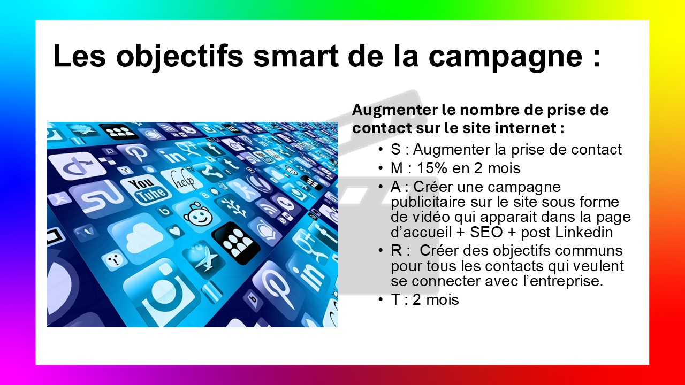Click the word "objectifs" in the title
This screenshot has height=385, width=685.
(179, 57)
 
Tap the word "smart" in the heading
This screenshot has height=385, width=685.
(296, 57)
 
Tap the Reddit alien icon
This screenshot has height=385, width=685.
(198, 214)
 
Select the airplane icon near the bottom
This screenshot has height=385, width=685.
(204, 258)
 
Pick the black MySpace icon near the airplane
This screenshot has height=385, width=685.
(236, 243)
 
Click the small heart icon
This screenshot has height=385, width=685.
(175, 230)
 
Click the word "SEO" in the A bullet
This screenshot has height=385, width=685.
(486, 232)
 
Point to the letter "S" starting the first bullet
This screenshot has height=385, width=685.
(395, 149)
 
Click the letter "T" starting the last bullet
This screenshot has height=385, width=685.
(395, 299)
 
